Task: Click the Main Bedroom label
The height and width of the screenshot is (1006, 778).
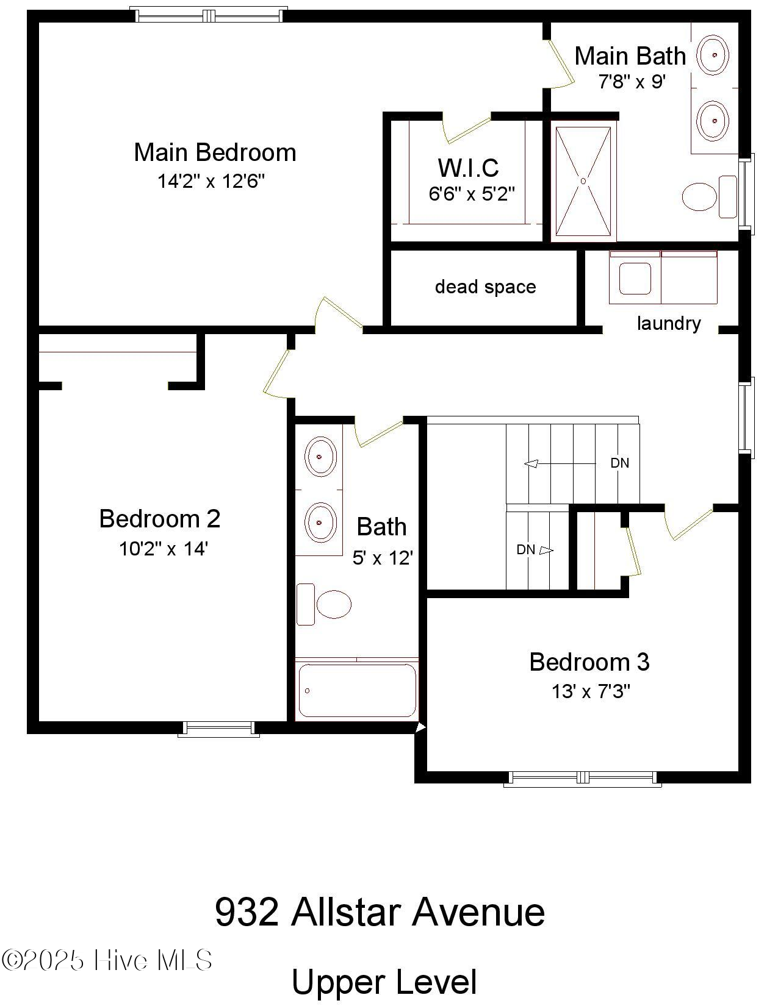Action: (215, 152)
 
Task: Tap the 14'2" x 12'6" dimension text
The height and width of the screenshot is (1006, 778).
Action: (211, 181)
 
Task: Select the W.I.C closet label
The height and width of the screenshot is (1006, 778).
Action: (468, 168)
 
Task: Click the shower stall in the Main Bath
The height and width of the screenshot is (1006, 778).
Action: (583, 181)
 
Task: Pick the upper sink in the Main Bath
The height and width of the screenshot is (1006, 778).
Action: (713, 55)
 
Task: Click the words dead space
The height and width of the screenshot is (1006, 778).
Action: (485, 287)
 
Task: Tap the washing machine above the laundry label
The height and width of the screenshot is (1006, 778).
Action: (635, 279)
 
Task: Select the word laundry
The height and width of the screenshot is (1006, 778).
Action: (669, 323)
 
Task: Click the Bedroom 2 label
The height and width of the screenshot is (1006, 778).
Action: (159, 519)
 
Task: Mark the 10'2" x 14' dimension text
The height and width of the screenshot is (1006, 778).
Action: (164, 549)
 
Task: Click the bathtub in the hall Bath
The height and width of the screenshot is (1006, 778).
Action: (357, 690)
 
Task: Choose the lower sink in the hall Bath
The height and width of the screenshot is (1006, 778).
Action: (320, 523)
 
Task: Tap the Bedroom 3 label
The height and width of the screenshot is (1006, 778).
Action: (589, 662)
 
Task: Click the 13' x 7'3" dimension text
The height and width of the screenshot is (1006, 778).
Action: (590, 691)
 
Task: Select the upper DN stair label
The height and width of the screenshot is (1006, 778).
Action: (619, 463)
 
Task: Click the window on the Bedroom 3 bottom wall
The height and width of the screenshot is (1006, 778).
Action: (583, 777)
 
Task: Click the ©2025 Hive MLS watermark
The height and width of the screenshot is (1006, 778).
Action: (107, 960)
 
